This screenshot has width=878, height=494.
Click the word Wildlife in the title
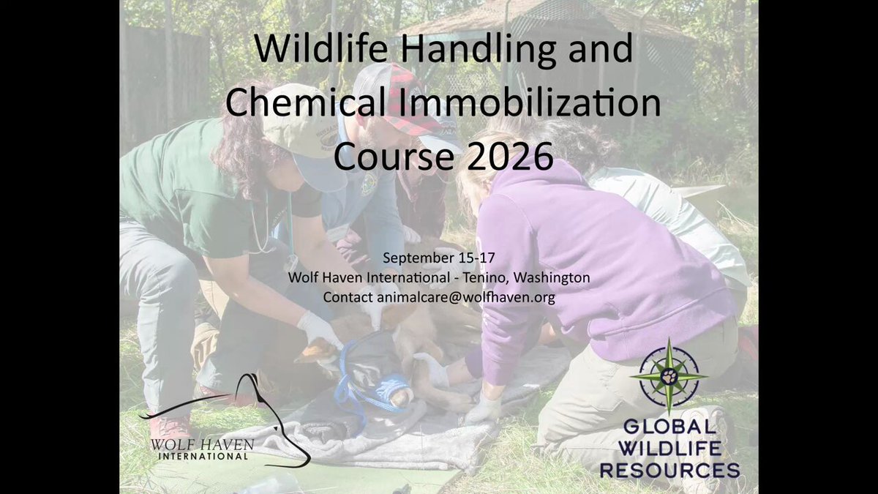coord(321,48)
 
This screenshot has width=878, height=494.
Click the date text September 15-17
coord(438,258)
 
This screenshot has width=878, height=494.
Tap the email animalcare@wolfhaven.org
coord(466,298)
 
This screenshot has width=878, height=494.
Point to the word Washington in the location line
coord(552,278)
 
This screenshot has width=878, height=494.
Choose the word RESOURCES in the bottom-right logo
coord(670,470)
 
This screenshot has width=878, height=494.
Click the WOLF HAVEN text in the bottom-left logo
coord(202,445)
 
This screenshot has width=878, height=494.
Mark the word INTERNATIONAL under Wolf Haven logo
coord(203,457)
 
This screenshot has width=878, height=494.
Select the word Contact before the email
coord(348,297)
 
